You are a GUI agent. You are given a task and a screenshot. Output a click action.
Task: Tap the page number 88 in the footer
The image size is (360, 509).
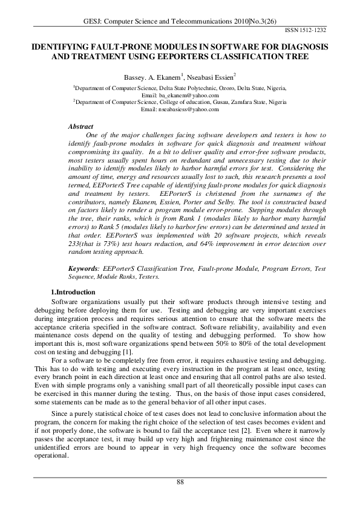(x=180, y=481)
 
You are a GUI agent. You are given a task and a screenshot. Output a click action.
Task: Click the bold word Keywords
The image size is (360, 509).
(x=84, y=267)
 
